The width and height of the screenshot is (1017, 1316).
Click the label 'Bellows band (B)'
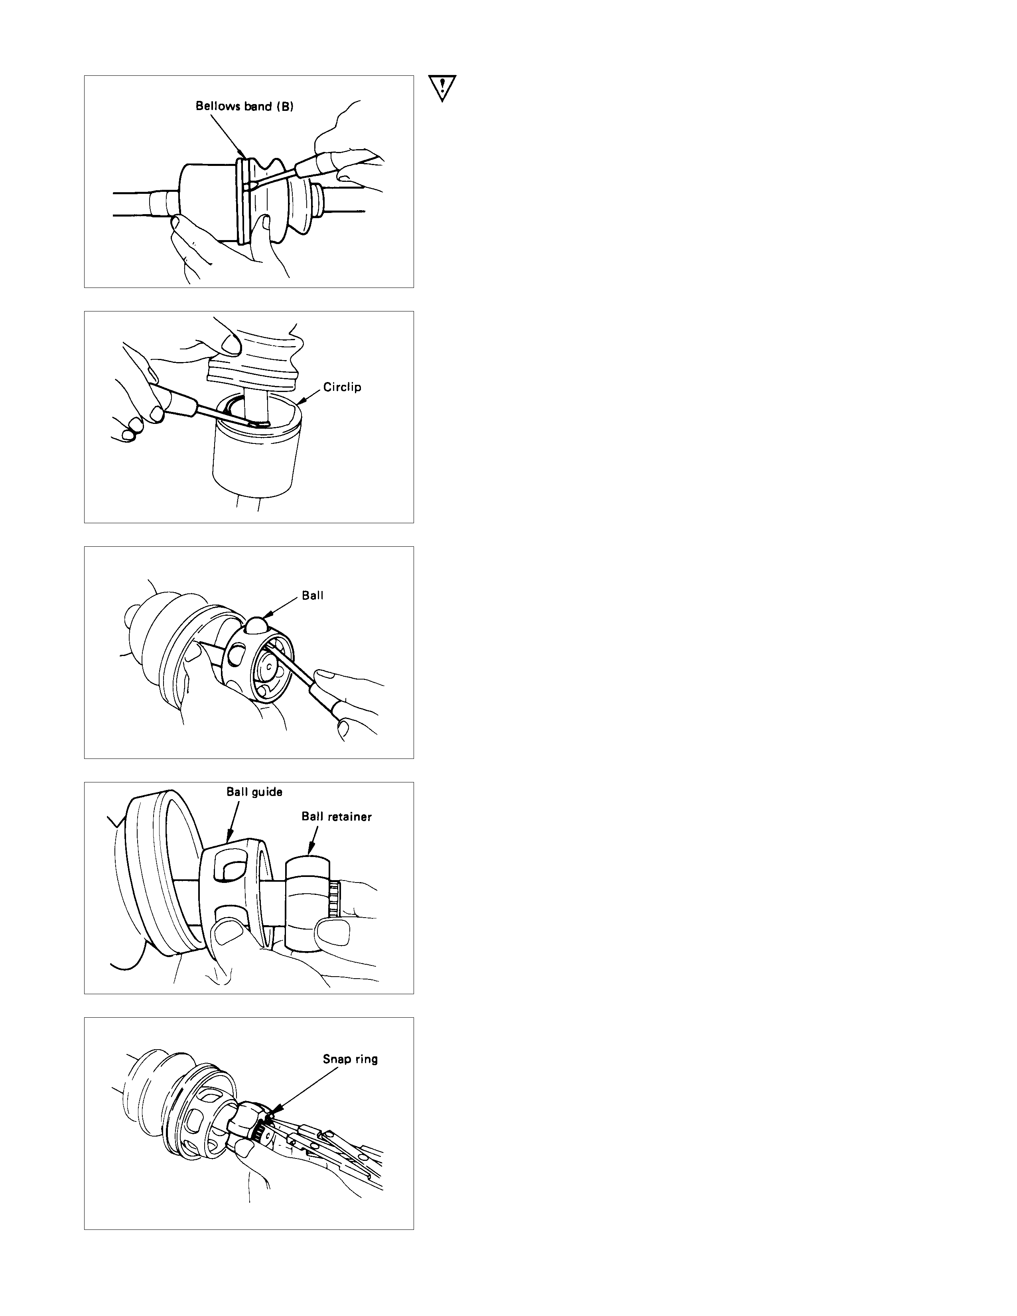point(244,106)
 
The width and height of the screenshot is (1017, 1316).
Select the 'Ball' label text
point(313,595)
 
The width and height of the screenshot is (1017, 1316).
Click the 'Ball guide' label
point(254,792)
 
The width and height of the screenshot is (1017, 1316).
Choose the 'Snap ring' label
point(350,1059)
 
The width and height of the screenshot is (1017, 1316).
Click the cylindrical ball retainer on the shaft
point(307,903)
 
